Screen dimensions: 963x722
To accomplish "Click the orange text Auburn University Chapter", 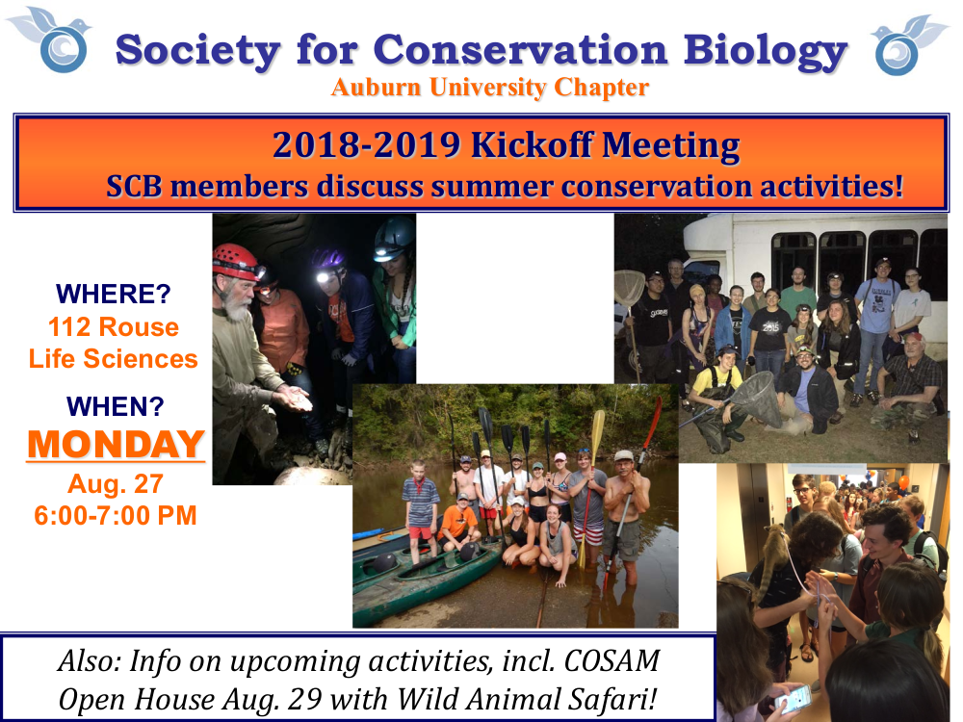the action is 489,88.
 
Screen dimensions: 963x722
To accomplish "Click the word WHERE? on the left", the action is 113,294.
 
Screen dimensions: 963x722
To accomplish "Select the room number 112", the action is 68,327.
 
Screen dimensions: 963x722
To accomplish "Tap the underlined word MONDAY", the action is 116,444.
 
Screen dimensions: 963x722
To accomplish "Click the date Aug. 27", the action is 116,484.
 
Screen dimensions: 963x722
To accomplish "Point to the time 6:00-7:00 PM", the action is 116,516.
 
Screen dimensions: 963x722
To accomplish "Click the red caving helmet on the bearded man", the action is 237,261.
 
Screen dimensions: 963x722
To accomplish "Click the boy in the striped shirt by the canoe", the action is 420,511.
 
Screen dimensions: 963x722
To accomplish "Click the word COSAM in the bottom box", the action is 612,661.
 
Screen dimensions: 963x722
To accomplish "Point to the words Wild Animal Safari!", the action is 527,699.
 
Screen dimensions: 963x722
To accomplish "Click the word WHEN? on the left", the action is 116,406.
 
